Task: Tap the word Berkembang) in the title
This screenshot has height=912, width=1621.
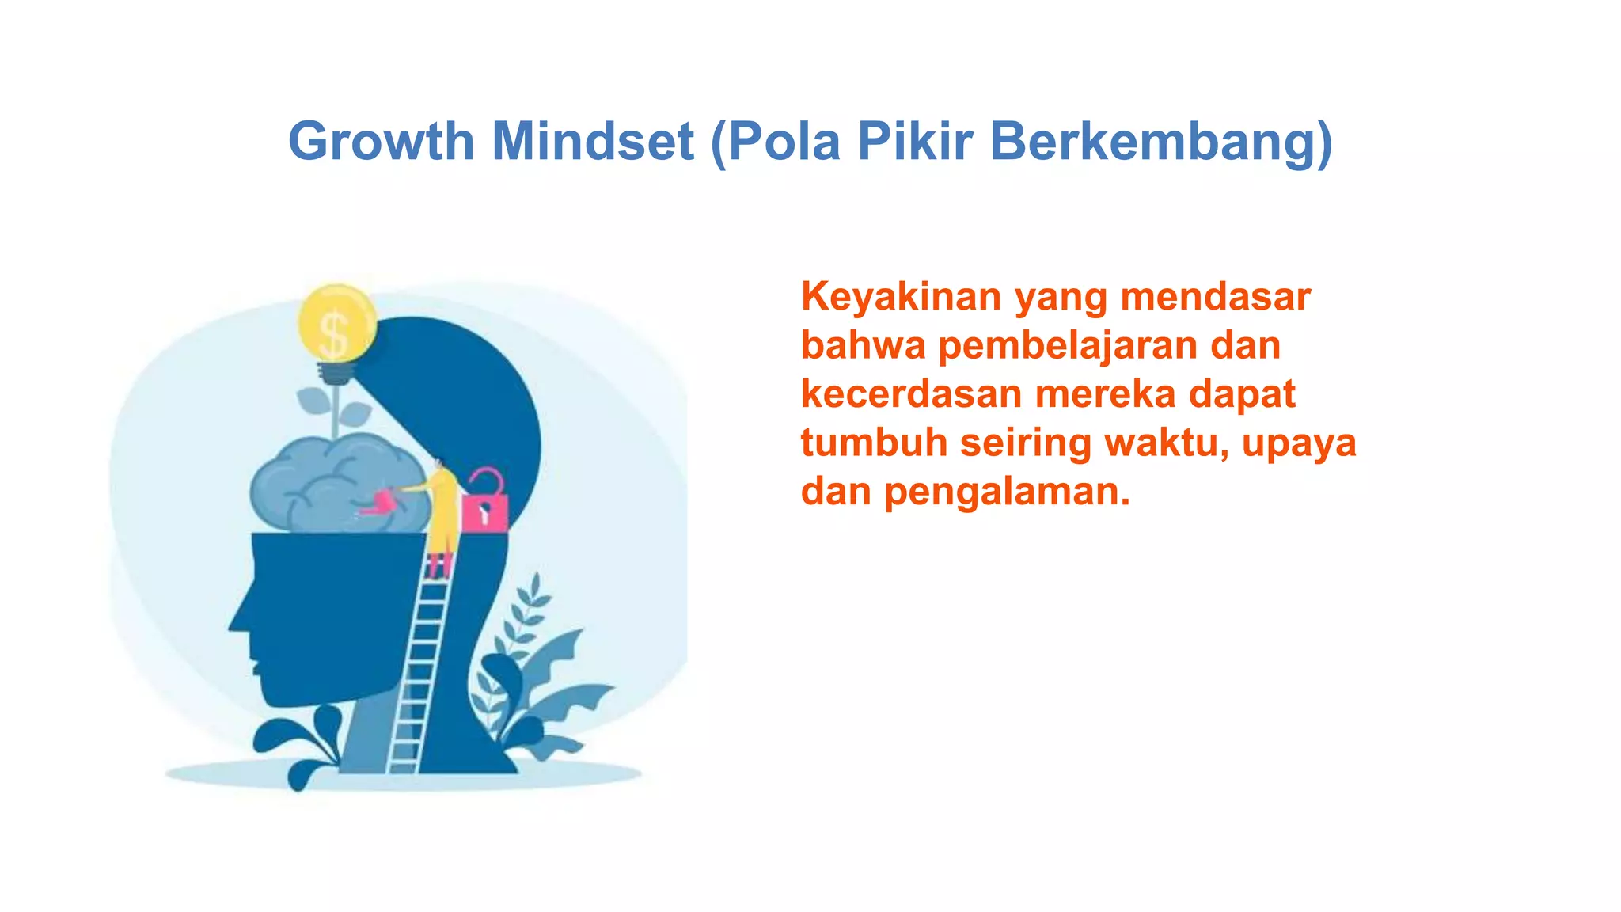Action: click(x=1161, y=142)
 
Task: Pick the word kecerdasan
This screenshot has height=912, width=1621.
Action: click(x=911, y=394)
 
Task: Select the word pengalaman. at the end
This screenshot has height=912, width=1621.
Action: click(x=1007, y=492)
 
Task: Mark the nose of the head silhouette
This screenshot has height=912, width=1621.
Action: click(x=234, y=621)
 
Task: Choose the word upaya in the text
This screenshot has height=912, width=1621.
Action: click(x=1299, y=443)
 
